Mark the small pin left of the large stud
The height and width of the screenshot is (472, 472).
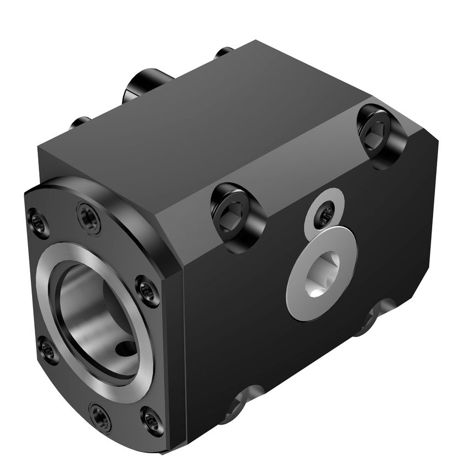click(x=81, y=121)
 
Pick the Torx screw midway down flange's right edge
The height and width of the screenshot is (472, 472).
click(x=147, y=290)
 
